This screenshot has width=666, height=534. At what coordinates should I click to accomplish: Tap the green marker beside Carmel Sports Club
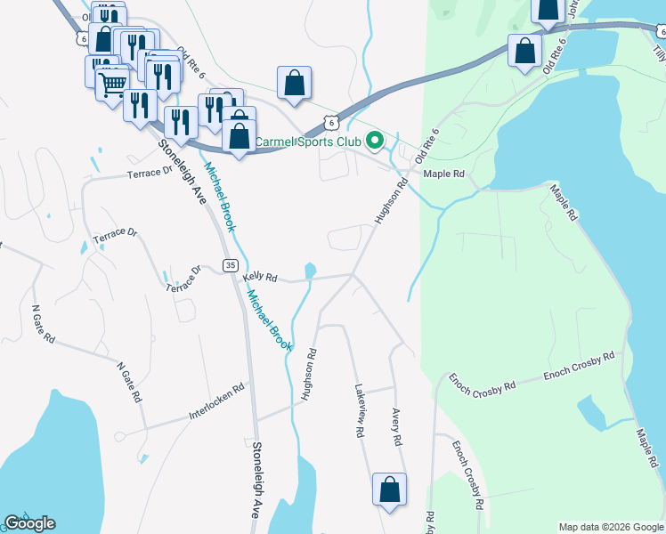(x=376, y=141)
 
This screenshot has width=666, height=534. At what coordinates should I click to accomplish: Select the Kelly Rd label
(x=260, y=279)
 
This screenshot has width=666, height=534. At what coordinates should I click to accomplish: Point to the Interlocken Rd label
(x=216, y=402)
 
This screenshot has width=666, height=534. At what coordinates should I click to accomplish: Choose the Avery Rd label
(x=397, y=427)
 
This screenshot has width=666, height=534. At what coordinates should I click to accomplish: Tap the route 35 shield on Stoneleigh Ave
(x=231, y=265)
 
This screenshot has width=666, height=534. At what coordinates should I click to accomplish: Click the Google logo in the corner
(x=29, y=523)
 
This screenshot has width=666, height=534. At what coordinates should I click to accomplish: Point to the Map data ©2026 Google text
(x=610, y=527)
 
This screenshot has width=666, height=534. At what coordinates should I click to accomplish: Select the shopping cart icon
(x=112, y=85)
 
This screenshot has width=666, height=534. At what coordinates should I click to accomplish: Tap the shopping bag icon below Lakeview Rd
(x=389, y=489)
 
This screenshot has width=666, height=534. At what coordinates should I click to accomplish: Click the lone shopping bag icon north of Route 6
(x=295, y=85)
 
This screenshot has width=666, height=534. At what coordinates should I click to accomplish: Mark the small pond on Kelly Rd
(x=309, y=270)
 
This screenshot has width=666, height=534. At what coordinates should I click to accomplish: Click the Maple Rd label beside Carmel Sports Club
(x=444, y=174)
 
